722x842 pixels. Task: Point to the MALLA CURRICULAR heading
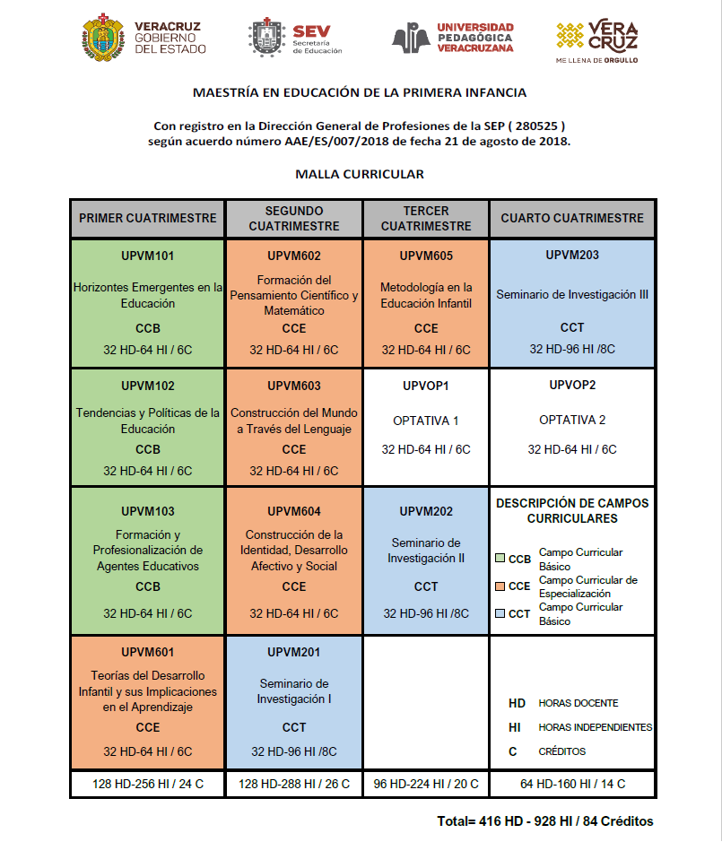(360, 174)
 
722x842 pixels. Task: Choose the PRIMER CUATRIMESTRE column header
(148, 218)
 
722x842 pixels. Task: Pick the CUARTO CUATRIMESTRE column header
(572, 218)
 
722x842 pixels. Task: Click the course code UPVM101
(148, 256)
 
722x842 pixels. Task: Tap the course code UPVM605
(426, 256)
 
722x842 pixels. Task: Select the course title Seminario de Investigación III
(572, 294)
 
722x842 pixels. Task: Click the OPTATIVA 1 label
(426, 421)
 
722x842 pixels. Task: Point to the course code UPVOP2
(572, 386)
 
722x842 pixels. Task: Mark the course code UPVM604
(294, 511)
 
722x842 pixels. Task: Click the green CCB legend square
(500, 559)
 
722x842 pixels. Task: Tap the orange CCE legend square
(500, 586)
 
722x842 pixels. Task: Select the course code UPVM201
(294, 652)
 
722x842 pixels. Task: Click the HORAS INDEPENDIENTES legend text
(595, 727)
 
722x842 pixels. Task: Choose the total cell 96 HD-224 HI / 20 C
(426, 784)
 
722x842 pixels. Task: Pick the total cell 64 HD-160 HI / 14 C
(572, 784)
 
